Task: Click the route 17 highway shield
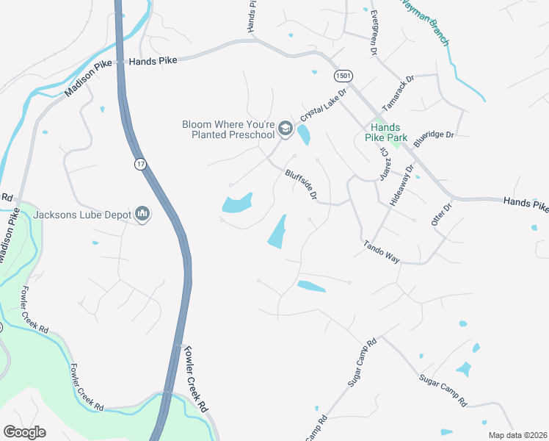coord(139,164)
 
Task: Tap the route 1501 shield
coord(343,76)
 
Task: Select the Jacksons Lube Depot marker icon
coord(142,215)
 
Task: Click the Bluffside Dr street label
coord(302,184)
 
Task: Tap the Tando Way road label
coord(382,251)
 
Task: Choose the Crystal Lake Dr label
coord(322,110)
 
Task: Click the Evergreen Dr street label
coord(373,34)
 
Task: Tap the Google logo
coord(24,432)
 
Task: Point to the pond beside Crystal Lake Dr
coord(303,135)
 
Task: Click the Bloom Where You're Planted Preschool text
coord(228,129)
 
